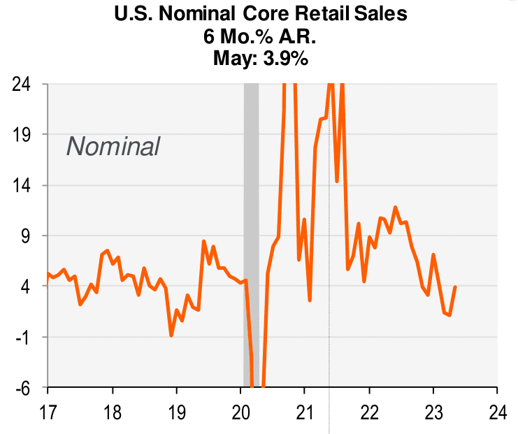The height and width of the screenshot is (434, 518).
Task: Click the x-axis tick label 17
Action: pos(48,410)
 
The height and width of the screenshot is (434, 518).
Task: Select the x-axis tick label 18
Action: pos(112,410)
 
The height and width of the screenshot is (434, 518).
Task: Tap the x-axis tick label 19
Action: pos(176,410)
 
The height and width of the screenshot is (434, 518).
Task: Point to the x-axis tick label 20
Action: pos(240,410)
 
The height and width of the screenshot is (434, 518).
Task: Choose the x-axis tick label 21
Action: pos(305,410)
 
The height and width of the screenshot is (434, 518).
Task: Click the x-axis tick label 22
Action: pos(369,410)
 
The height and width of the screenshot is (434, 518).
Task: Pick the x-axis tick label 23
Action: pos(433,410)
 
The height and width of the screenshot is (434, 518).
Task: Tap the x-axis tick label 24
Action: pos(497,410)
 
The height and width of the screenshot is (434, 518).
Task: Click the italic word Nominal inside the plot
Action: pos(113,147)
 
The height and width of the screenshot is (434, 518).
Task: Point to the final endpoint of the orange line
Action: pos(455,287)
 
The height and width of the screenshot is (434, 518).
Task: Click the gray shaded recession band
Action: pos(251,210)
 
